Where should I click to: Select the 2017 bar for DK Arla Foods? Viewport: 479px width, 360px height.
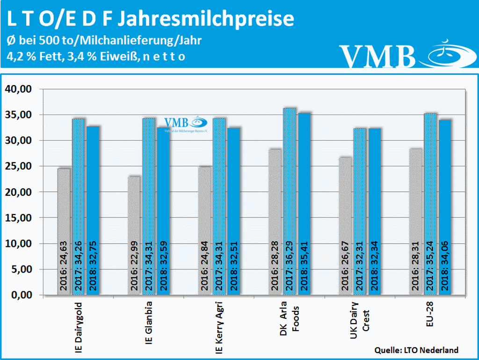point(290,201)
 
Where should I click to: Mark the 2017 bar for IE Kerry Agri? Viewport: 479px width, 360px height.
point(219,206)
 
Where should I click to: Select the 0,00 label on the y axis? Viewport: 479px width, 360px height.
point(20,295)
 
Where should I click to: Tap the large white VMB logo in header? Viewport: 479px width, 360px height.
point(377,56)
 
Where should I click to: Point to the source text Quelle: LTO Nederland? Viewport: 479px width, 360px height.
point(416,350)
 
